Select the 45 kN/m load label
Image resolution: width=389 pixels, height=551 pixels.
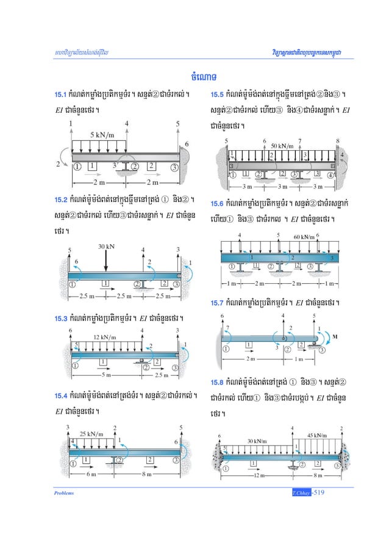coord(316,435)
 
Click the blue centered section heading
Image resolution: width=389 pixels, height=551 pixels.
coord(194,76)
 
